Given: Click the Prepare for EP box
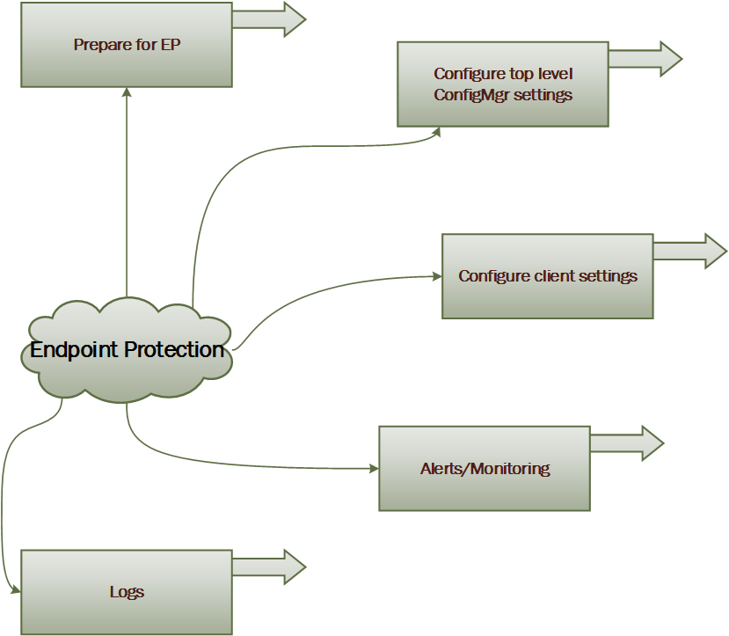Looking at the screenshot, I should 126,45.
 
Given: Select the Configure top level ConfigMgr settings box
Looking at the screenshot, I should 502,84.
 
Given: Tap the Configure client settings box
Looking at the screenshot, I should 547,276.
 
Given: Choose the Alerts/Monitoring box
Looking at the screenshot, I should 484,469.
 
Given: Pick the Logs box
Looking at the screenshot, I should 126,592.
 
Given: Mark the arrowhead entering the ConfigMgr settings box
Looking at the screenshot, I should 437,132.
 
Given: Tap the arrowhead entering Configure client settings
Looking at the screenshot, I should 436,276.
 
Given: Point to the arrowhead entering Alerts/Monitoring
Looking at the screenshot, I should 373,469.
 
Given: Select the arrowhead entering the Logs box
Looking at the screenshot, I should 15,591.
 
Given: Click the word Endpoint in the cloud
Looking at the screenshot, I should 74,350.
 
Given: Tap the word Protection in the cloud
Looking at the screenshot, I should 174,350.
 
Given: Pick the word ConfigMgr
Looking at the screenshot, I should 470,95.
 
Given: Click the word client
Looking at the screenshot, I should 554,276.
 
